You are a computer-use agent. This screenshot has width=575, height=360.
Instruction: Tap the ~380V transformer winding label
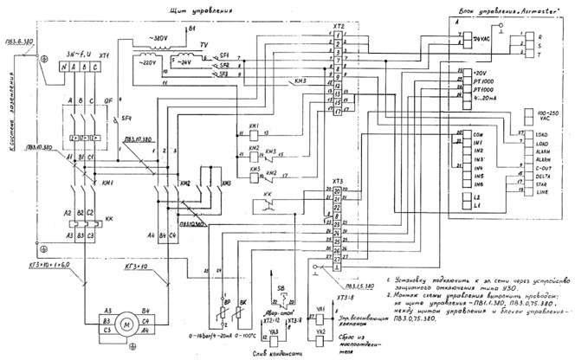(x=158, y=39)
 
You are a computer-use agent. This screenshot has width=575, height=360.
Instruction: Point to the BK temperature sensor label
(x=244, y=304)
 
